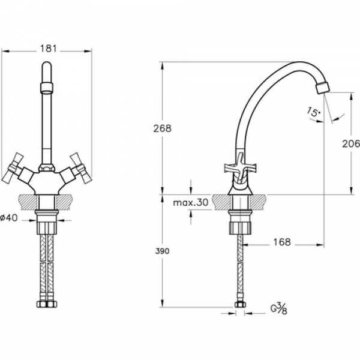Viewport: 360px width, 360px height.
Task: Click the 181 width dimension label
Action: (x=48, y=49)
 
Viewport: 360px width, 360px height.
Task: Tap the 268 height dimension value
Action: (x=163, y=128)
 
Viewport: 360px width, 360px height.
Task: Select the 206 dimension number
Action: (x=351, y=144)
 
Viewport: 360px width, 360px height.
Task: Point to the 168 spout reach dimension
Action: (x=282, y=242)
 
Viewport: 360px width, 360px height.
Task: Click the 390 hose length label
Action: (x=162, y=251)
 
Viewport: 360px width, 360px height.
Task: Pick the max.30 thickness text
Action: (x=191, y=202)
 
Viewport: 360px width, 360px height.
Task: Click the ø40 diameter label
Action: (x=9, y=218)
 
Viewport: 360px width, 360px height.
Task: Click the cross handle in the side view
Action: (x=240, y=168)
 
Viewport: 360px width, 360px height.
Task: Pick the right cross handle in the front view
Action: (x=81, y=168)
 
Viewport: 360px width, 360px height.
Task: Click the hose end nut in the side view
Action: (x=240, y=304)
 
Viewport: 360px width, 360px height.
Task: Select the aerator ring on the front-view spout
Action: (x=47, y=87)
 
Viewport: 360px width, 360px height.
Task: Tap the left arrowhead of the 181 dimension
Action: (x=5, y=51)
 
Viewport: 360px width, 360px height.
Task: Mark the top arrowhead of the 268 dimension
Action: (x=163, y=65)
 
